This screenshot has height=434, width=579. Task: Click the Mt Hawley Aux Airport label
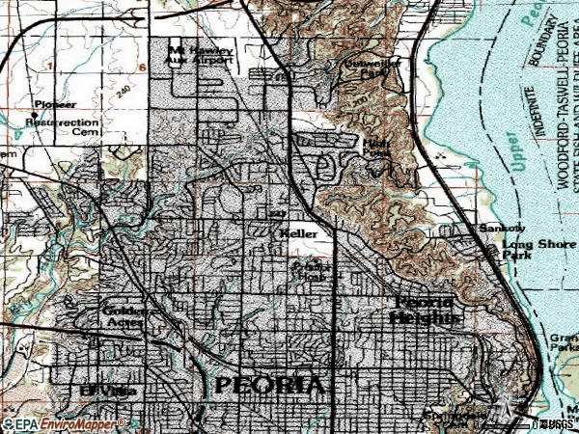[x=202, y=55]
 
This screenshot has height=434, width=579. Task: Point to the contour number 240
[x=124, y=88]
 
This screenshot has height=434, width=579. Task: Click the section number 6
[x=141, y=68]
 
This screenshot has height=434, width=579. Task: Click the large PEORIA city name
[x=271, y=385]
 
